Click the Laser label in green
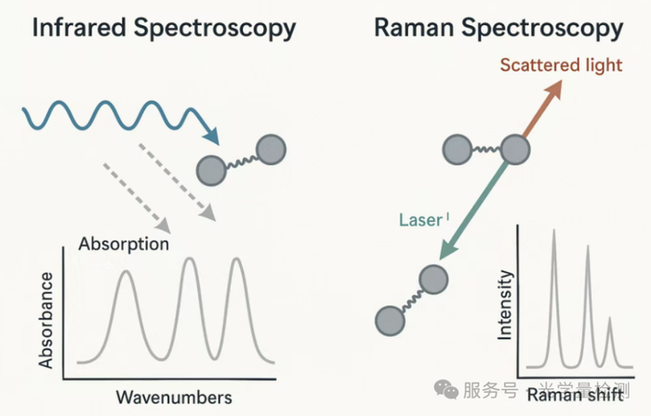pyautogui.click(x=418, y=220)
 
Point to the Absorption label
pyautogui.click(x=124, y=245)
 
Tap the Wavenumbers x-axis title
pyautogui.click(x=174, y=397)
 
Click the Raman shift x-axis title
pyautogui.click(x=580, y=396)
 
